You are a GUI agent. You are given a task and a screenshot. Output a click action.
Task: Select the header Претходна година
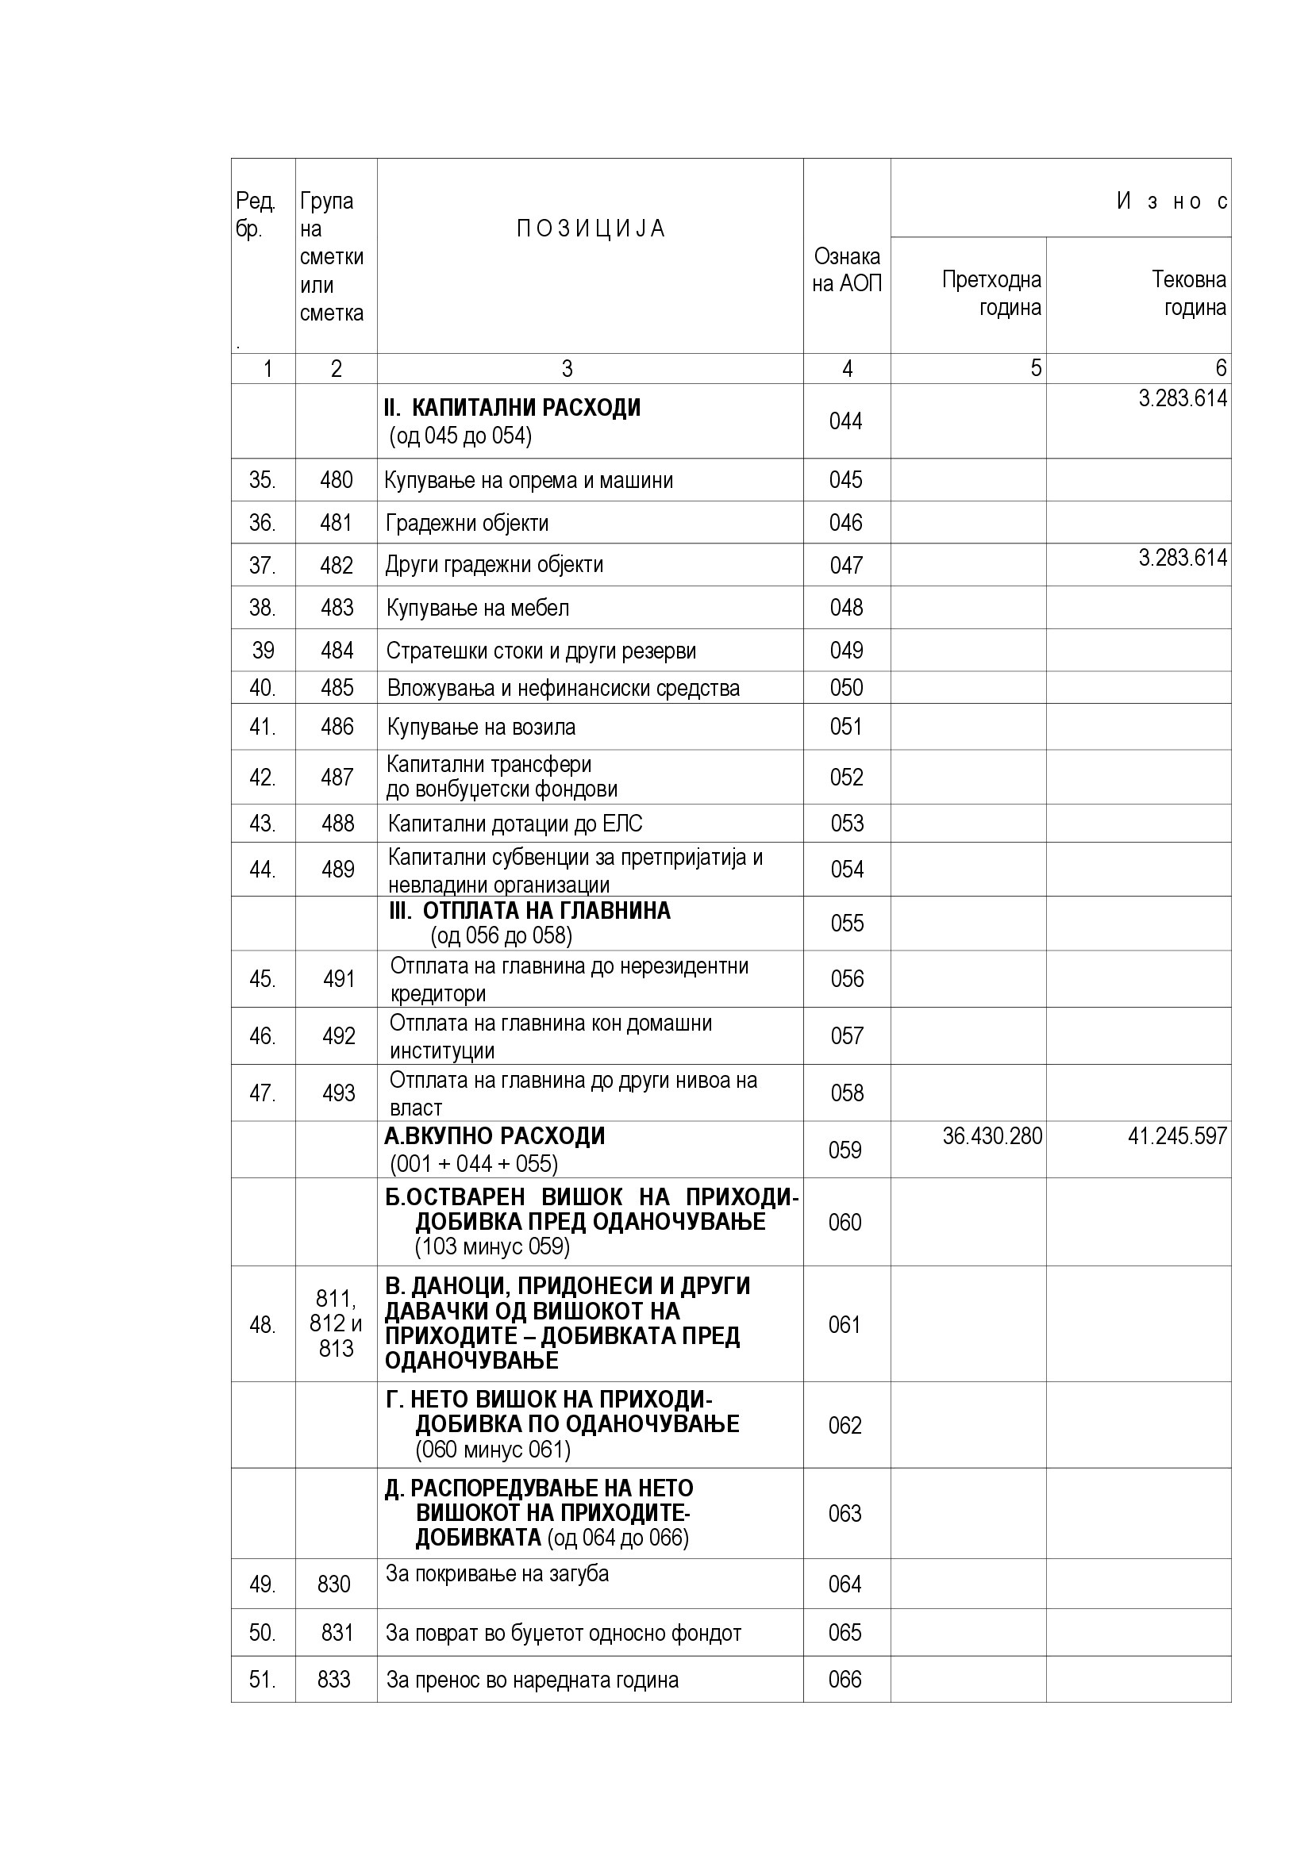[x=992, y=294]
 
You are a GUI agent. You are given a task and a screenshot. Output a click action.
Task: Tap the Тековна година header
[x=1188, y=294]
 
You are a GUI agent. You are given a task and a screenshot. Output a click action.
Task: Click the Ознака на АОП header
[x=847, y=270]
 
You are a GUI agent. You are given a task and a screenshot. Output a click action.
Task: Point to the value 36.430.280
[x=992, y=1136]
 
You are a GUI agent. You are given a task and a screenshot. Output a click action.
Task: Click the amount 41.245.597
[x=1177, y=1136]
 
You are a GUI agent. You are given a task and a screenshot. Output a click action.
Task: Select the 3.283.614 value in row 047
[x=1183, y=558]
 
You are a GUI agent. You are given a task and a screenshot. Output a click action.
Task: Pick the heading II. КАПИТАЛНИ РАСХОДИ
[x=513, y=408]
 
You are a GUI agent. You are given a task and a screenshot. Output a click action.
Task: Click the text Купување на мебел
[x=478, y=608]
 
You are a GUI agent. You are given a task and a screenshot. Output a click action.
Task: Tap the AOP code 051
[x=846, y=726]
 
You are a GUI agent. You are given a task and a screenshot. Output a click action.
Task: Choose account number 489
[x=337, y=870]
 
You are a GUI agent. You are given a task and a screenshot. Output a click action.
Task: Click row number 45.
[x=262, y=979]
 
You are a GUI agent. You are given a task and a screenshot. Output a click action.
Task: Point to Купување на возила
[x=481, y=727]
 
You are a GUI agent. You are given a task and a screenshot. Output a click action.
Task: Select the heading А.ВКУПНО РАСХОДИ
[x=494, y=1136]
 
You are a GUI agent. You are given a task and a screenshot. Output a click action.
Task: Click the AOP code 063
[x=845, y=1513]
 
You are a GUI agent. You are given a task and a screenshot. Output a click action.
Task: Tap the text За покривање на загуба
[x=497, y=1573]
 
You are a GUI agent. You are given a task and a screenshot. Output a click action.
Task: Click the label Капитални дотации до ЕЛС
[x=515, y=824]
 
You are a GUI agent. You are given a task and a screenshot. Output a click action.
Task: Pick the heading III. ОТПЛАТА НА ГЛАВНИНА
[x=530, y=911]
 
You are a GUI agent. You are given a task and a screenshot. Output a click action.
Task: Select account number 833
[x=335, y=1680]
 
